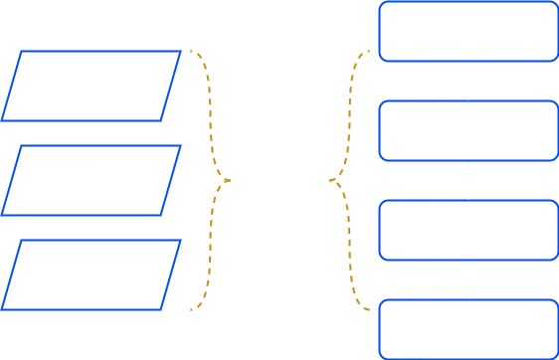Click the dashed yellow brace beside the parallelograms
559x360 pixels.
tap(211, 182)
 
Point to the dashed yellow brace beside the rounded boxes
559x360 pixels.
tap(348, 182)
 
